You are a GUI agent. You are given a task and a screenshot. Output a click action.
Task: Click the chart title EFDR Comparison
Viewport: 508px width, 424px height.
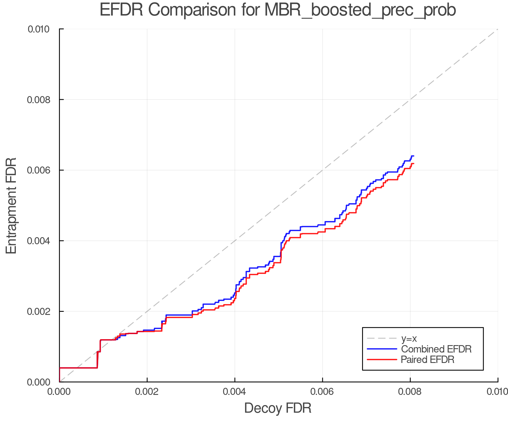pyautogui.click(x=278, y=10)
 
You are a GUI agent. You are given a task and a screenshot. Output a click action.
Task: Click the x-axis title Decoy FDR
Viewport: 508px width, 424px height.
pyautogui.click(x=278, y=408)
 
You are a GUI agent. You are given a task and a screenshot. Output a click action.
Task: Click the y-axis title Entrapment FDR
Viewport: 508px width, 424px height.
pyautogui.click(x=12, y=205)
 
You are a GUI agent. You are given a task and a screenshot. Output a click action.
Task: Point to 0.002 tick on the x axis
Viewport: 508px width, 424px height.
pyautogui.click(x=147, y=391)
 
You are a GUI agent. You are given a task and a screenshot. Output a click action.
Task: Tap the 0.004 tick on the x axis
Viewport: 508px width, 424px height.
pyautogui.click(x=235, y=391)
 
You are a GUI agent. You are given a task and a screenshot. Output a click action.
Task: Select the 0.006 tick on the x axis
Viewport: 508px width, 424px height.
pyautogui.click(x=322, y=391)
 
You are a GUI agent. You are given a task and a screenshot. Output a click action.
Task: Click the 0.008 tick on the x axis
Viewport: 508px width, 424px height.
pyautogui.click(x=410, y=391)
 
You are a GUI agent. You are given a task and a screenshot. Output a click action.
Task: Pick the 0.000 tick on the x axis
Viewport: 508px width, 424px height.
pyautogui.click(x=60, y=391)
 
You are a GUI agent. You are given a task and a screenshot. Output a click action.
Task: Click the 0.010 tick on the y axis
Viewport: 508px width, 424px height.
pyautogui.click(x=38, y=29)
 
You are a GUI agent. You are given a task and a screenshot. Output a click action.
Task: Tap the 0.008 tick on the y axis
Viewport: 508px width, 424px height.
pyautogui.click(x=38, y=99)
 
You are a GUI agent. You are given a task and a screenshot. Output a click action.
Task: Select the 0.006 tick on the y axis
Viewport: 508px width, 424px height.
pyautogui.click(x=38, y=170)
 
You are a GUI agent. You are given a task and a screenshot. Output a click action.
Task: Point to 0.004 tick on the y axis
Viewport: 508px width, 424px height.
pyautogui.click(x=38, y=241)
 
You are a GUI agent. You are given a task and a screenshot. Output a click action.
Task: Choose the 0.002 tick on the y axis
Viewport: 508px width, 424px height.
pyautogui.click(x=38, y=311)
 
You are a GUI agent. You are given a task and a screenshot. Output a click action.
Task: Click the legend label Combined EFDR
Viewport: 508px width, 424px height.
pyautogui.click(x=436, y=349)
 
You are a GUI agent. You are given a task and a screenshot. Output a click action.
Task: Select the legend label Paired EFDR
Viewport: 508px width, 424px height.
pyautogui.click(x=427, y=360)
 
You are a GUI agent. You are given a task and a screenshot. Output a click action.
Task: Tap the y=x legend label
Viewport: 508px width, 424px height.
pyautogui.click(x=409, y=338)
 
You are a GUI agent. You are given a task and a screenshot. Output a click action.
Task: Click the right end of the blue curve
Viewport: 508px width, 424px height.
pyautogui.click(x=413, y=156)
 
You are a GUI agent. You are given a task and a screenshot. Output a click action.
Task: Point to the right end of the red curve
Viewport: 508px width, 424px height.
pyautogui.click(x=413, y=164)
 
